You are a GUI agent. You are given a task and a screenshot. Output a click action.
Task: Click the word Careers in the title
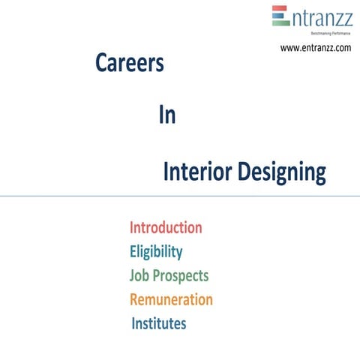[129, 64]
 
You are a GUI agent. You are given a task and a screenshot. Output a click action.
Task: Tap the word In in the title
[166, 116]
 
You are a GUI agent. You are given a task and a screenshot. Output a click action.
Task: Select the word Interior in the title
[197, 172]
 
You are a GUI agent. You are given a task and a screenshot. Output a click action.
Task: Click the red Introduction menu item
[166, 227]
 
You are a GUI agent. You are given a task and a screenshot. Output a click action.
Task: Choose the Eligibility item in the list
[156, 252]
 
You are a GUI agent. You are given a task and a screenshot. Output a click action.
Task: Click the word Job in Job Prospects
[139, 276]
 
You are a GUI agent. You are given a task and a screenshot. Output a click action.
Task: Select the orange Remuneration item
[171, 300]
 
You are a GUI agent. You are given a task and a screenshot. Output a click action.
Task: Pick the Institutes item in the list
[158, 324]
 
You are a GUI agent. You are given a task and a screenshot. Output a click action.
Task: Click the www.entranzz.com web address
[315, 48]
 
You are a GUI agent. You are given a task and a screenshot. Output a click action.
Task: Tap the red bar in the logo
[280, 9]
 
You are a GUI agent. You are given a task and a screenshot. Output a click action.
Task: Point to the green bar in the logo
[280, 22]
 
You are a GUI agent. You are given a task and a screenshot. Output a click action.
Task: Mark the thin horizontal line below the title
[180, 196]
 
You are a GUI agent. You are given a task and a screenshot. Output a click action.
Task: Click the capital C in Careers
[101, 64]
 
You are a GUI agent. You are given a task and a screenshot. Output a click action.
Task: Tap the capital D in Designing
[244, 172]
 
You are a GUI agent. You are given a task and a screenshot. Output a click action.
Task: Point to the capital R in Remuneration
[134, 300]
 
